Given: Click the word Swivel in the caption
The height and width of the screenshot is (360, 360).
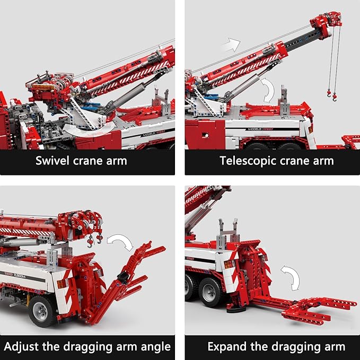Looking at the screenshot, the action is click(52, 161).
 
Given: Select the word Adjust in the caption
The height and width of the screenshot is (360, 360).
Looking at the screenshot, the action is click(21, 347).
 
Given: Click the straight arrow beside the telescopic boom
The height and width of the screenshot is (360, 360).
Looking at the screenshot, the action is click(231, 45).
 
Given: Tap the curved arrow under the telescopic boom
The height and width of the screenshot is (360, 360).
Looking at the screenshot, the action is click(268, 90).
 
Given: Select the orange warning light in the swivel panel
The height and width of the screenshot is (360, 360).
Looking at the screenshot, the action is click(43, 87).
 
